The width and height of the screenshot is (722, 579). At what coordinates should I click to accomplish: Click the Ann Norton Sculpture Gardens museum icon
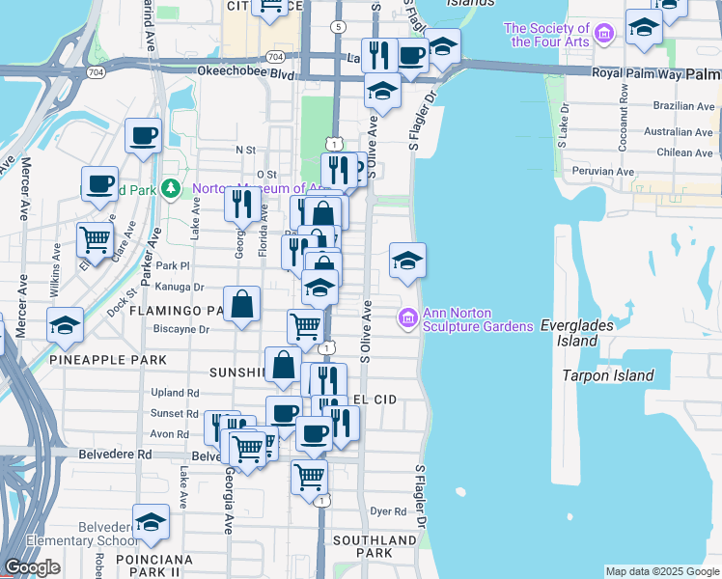(x=407, y=317)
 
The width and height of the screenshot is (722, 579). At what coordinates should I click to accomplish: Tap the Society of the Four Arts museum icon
(x=604, y=36)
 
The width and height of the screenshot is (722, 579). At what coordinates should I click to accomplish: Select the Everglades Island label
(x=576, y=334)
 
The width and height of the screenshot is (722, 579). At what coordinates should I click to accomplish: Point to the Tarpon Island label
(x=608, y=375)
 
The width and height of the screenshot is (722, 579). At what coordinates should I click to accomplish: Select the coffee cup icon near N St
(x=143, y=135)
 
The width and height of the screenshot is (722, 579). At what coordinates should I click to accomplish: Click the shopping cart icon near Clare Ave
(x=94, y=237)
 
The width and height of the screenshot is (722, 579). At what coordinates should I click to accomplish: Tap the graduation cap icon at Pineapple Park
(x=65, y=325)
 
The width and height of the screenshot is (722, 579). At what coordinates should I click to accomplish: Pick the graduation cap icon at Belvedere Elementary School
(x=151, y=522)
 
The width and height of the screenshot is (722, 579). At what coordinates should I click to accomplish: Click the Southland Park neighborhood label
(x=362, y=546)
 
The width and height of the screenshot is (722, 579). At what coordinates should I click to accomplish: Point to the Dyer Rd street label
(x=388, y=511)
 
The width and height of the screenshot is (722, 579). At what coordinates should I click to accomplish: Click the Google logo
(x=32, y=567)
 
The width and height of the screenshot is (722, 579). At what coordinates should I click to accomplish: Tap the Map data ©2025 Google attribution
(x=661, y=571)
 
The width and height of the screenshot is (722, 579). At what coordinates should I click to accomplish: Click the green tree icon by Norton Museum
(x=172, y=187)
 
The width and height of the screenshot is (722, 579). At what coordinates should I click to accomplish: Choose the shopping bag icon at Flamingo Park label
(x=242, y=304)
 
